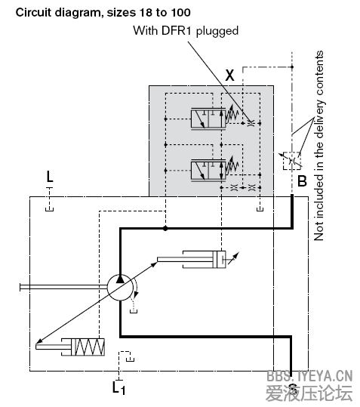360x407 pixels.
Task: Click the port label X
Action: pos(230,74)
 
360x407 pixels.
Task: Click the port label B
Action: pos(301,181)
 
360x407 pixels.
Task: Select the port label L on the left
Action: pos(50,177)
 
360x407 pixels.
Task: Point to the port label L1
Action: pos(118,388)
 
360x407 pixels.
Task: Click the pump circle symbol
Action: pos(120,287)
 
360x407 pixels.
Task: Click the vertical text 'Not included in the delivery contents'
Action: pos(319,145)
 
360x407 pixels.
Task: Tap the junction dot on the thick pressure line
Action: pos(165,228)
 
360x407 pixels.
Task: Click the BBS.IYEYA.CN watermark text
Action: pos(310,375)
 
